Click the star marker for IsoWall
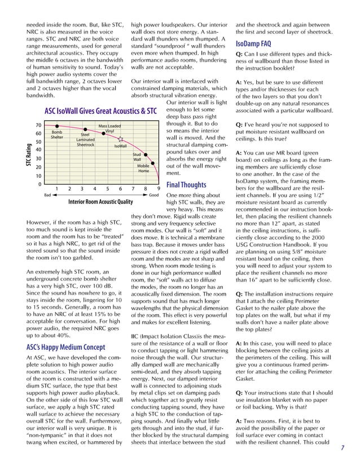121,138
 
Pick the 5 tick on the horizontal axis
107,188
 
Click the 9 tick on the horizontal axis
159,188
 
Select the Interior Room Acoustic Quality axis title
100,201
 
